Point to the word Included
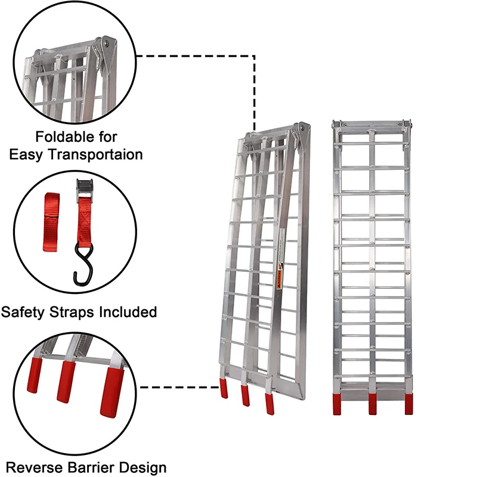click(x=130, y=312)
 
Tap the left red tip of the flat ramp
click(x=337, y=403)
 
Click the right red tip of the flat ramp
click(x=408, y=403)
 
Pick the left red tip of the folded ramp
click(x=225, y=389)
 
